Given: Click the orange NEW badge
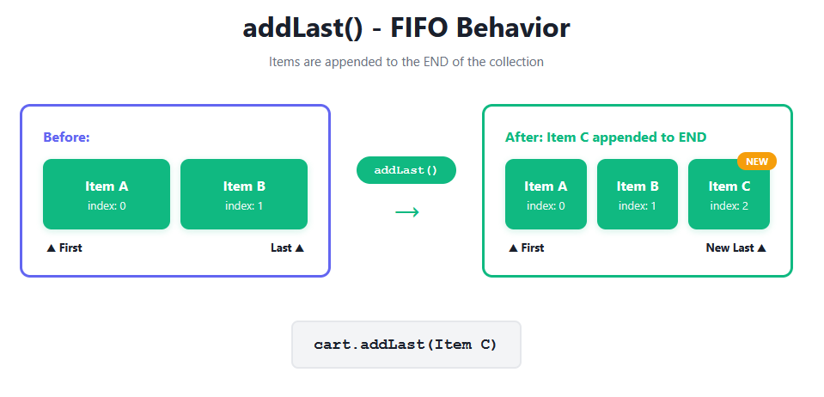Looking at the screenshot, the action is click(757, 162).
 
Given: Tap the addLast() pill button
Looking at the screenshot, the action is click(406, 170).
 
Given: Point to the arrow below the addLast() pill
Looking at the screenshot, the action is click(406, 212).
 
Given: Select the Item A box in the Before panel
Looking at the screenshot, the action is click(107, 194).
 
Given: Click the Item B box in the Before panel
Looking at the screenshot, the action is click(244, 194).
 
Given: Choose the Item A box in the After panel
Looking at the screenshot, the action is click(546, 194).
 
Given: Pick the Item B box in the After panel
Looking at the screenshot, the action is click(638, 194).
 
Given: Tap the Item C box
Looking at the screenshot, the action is click(729, 194).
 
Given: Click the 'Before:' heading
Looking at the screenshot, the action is click(67, 137).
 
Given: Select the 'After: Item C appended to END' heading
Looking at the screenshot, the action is click(606, 137).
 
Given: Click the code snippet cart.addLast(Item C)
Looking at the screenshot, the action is click(406, 345).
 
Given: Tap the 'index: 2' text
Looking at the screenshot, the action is click(729, 206).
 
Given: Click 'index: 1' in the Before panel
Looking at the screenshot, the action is click(244, 206).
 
